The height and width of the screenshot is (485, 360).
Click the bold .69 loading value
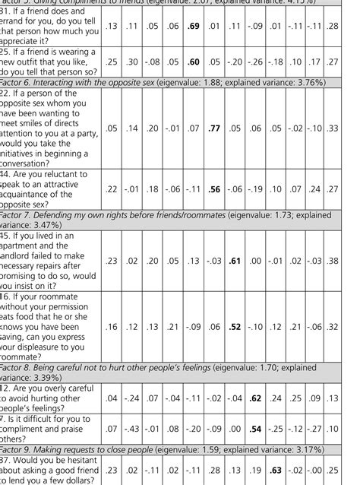(194, 27)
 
